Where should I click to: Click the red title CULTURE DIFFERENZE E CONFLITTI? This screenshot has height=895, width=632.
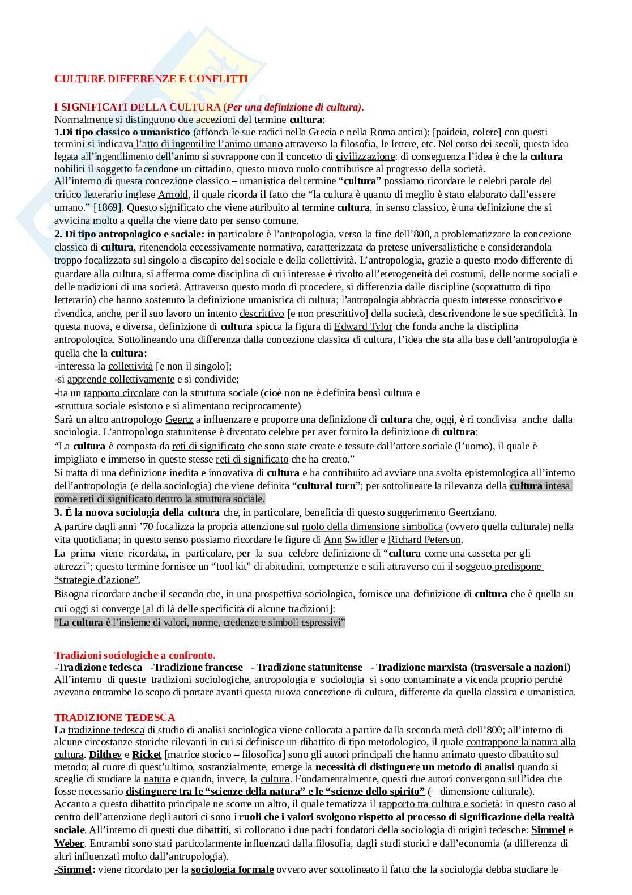point(151,79)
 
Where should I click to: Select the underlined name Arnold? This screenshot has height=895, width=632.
point(173,194)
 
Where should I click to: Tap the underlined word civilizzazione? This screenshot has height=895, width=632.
point(365,156)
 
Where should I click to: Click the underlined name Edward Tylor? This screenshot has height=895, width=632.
point(363,326)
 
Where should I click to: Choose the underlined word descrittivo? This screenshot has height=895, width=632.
point(262,313)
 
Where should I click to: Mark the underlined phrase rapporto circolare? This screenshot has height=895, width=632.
point(122,393)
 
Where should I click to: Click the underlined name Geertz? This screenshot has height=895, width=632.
point(179,419)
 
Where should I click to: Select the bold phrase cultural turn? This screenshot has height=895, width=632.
point(326,486)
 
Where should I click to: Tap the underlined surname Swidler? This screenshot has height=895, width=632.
point(361,540)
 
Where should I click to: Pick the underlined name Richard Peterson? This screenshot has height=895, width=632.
point(424,540)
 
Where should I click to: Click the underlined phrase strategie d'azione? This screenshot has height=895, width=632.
point(97,580)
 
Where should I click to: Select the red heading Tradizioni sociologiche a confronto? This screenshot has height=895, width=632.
point(135,655)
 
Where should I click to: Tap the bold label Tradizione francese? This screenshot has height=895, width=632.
point(198,667)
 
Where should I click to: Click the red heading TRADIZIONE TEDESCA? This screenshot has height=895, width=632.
point(114,718)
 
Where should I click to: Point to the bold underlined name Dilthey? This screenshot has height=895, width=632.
point(105,754)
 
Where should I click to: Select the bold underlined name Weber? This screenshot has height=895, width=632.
point(69,844)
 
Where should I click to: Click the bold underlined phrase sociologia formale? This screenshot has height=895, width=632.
point(232,869)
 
